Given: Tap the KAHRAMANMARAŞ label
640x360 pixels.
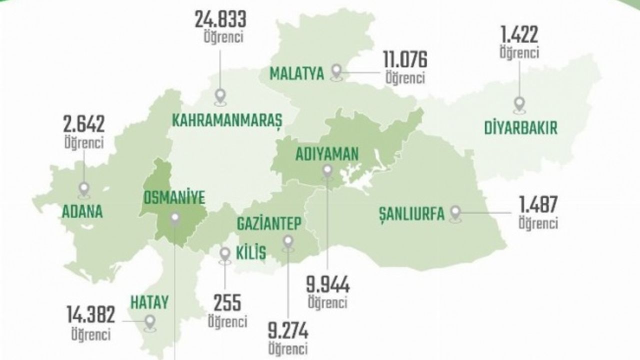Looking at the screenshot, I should pyautogui.click(x=227, y=120).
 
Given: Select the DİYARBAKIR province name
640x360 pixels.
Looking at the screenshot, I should pyautogui.click(x=520, y=127).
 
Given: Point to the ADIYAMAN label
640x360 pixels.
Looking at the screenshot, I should pyautogui.click(x=327, y=154).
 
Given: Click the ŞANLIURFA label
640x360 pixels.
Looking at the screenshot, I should pyautogui.click(x=411, y=214).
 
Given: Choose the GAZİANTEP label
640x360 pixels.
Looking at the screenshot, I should pyautogui.click(x=269, y=223).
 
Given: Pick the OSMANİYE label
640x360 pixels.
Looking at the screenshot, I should pyautogui.click(x=174, y=198).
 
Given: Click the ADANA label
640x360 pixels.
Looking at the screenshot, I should pyautogui.click(x=82, y=211).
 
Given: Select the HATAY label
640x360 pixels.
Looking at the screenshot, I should pyautogui.click(x=149, y=302).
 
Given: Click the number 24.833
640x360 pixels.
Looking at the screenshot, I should pyautogui.click(x=220, y=21).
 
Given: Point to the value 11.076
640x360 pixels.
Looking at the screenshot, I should pyautogui.click(x=405, y=60).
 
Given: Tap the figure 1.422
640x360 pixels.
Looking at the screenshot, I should pyautogui.click(x=519, y=35).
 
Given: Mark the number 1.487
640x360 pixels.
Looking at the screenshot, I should pyautogui.click(x=537, y=205).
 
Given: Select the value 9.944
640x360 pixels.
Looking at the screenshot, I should pyautogui.click(x=327, y=286).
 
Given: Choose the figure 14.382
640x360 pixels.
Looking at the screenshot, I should pyautogui.click(x=91, y=314).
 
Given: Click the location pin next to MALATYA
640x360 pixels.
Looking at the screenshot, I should pyautogui.click(x=337, y=72).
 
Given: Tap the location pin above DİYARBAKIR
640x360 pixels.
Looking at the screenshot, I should pyautogui.click(x=520, y=104).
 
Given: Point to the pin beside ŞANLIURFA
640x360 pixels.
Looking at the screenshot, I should pyautogui.click(x=455, y=213).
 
